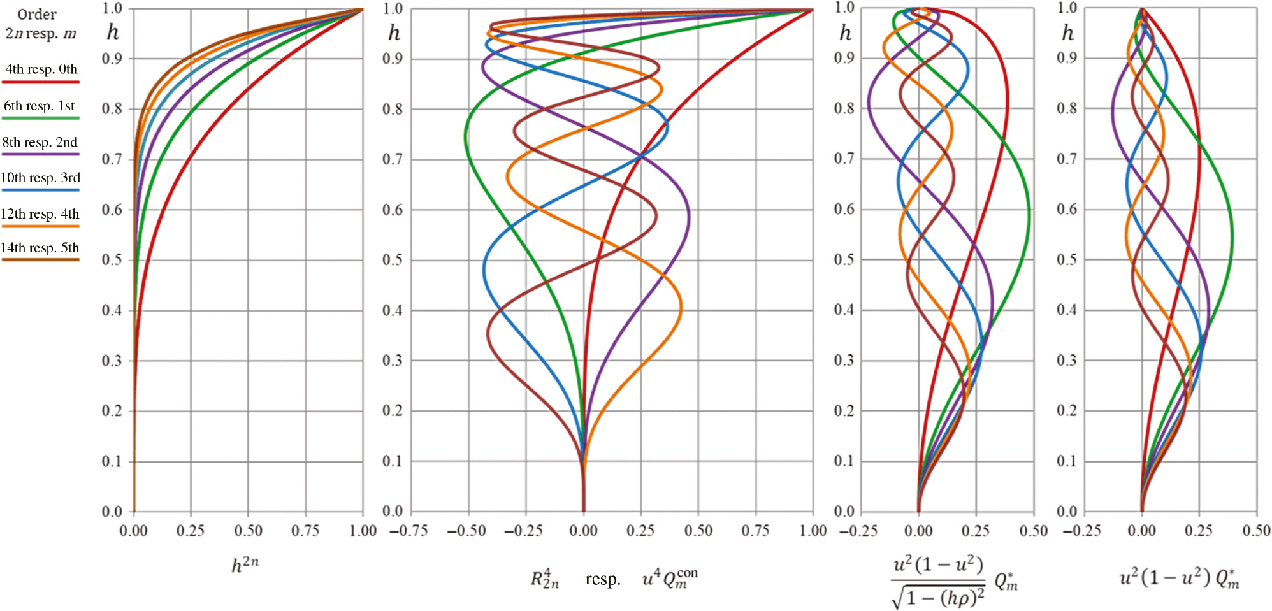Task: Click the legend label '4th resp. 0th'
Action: coord(41,69)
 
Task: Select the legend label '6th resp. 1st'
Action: coord(40,106)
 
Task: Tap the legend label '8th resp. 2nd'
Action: coord(40,142)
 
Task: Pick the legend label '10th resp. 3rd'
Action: coord(40,178)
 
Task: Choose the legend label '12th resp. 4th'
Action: coord(40,214)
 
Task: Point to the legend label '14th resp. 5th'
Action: coord(40,248)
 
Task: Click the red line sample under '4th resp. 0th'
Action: coord(40,82)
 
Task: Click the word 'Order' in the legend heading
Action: coord(37,14)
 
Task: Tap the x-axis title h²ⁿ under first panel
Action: coord(245,564)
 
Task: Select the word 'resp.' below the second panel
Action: coord(603,579)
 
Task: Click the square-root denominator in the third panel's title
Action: coord(939,597)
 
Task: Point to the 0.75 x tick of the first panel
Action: coord(305,531)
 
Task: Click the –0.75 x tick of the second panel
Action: coord(408,531)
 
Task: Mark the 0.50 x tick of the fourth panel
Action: coord(1256,531)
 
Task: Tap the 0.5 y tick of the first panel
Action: coord(112,260)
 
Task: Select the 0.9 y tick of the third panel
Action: coord(844,58)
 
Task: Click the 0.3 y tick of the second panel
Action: coord(393,361)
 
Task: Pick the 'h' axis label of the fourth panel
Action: coord(1068,32)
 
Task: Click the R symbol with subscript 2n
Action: coord(545,579)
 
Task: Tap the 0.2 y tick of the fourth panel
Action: coord(1067,411)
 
